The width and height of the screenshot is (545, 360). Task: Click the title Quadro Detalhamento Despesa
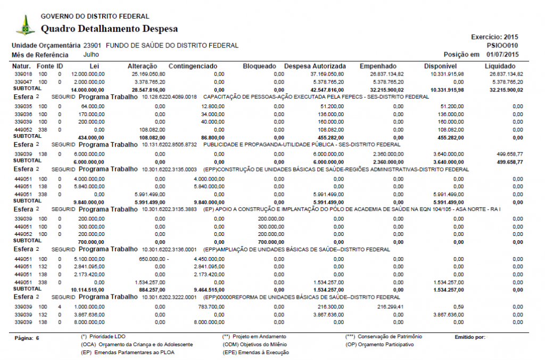109,29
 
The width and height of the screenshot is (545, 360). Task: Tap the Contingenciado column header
193,66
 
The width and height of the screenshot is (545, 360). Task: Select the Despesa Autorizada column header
315,66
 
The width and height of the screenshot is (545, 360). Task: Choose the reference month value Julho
91,55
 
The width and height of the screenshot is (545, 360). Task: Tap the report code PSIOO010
502,46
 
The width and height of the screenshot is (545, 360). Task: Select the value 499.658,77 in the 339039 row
509,154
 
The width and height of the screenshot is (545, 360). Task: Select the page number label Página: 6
27,338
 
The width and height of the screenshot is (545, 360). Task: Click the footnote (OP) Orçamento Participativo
379,345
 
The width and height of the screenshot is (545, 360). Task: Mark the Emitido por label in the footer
470,337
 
